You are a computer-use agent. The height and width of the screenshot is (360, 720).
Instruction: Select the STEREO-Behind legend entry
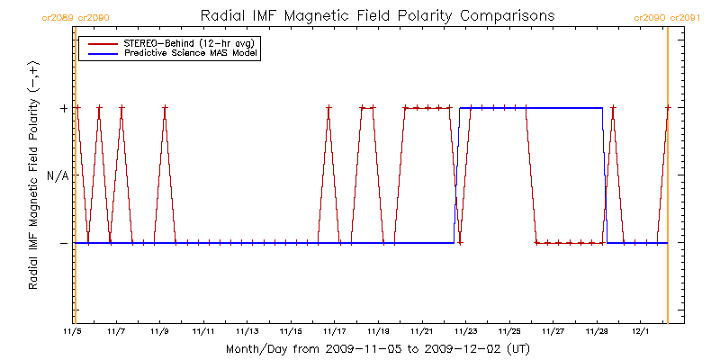pos(184,42)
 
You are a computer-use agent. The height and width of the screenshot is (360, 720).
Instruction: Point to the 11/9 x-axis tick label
pos(160,331)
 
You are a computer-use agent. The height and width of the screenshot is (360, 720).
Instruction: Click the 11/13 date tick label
pos(247,331)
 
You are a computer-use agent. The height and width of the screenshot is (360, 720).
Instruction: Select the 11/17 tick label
pos(335,331)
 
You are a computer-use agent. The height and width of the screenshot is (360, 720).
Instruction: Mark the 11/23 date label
pos(465,331)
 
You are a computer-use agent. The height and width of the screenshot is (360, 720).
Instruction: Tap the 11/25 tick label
pos(509,331)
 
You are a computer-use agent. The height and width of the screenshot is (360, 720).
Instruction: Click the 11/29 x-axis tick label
pos(597,331)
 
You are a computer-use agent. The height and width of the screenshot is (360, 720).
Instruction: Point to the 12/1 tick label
pos(640,331)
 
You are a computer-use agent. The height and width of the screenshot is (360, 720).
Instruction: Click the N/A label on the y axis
pos(57,175)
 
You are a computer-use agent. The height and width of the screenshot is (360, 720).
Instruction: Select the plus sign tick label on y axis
pos(63,108)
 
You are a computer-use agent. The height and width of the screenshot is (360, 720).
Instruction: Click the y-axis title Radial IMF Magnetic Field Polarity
pos(33,175)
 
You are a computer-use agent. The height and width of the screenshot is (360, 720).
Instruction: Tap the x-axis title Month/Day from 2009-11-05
pos(377,348)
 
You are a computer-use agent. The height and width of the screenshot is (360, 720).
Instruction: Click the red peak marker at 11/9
pos(165,108)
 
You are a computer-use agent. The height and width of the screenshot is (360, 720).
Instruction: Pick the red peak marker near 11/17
pos(328,108)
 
